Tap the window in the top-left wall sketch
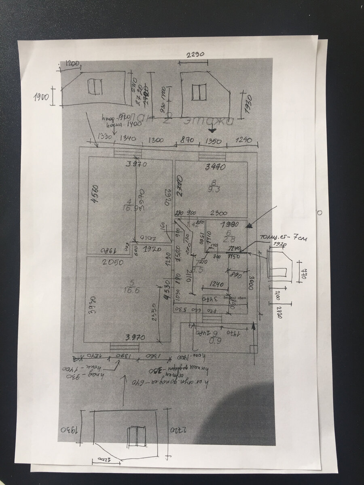tap(95, 86)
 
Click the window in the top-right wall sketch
tap(199, 92)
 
